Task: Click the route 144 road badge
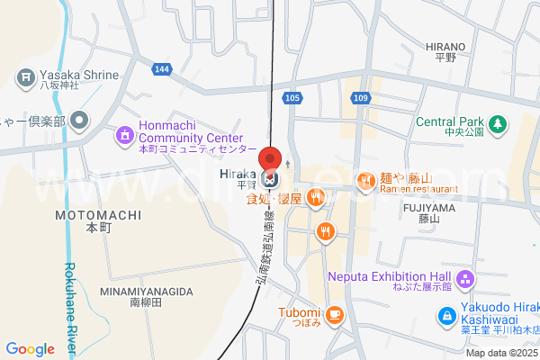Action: [x=161, y=68]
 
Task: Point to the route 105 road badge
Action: [x=291, y=97]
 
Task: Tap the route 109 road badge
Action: [x=360, y=97]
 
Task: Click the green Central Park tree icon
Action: [x=496, y=122]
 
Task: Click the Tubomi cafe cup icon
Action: [x=334, y=313]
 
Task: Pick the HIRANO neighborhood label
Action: [x=445, y=47]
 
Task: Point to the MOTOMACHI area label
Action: [x=95, y=216]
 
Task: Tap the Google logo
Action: [x=30, y=349]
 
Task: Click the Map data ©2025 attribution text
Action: [x=501, y=353]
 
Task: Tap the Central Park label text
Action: [x=450, y=121]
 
